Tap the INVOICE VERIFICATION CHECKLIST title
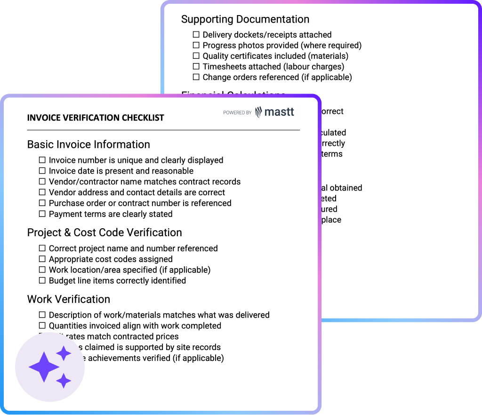point(96,118)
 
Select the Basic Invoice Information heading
point(88,144)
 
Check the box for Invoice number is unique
point(42,160)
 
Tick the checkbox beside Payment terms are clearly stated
point(42,214)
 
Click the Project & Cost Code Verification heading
point(104,232)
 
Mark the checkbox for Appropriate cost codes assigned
point(42,259)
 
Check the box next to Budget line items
point(42,281)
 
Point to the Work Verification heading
point(69,299)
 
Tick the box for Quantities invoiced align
point(42,326)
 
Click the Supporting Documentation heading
point(245,19)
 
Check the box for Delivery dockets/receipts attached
point(196,34)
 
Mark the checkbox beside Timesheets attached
point(196,66)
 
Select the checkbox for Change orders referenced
point(196,77)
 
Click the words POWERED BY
point(237,113)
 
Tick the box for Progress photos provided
point(196,45)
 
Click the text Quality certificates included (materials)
point(275,56)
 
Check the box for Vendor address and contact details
point(42,192)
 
